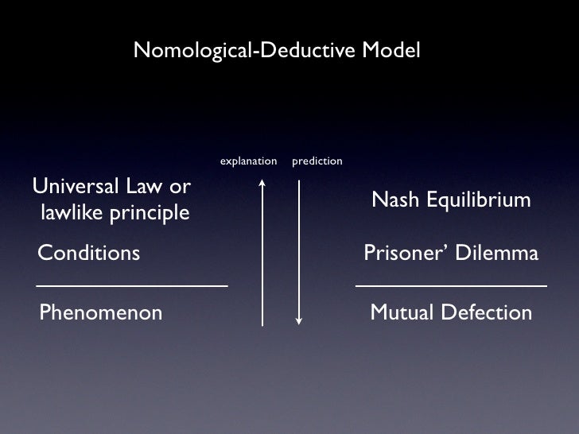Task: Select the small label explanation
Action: click(x=248, y=161)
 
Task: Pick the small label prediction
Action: click(x=317, y=161)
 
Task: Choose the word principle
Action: click(x=150, y=214)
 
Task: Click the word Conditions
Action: click(x=89, y=254)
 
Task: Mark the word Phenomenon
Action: click(x=101, y=312)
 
